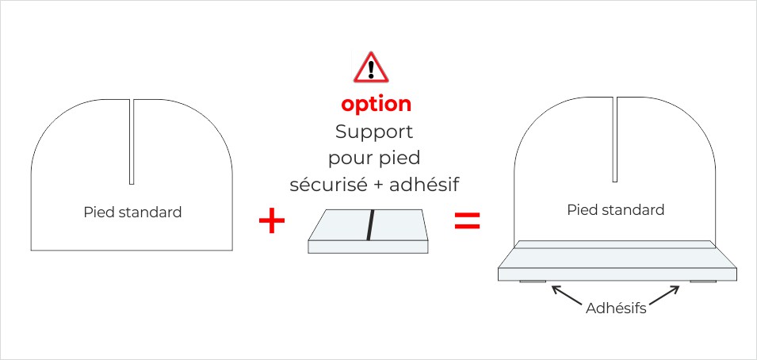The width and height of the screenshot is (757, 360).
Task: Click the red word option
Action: click(377, 105)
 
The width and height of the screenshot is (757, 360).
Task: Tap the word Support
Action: click(374, 132)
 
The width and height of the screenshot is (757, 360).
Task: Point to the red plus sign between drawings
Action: click(272, 221)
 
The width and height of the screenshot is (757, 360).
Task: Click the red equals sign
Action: click(467, 221)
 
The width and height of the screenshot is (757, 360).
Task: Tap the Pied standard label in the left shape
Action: click(132, 213)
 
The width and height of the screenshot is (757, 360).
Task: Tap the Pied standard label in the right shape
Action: click(616, 210)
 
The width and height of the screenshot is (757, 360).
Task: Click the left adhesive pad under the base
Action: click(532, 282)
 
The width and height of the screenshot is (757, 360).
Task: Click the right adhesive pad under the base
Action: click(702, 282)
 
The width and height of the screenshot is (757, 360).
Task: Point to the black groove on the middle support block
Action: click(369, 224)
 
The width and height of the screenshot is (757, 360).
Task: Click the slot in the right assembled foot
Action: click(615, 139)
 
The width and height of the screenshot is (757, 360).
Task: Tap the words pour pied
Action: click(374, 159)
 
